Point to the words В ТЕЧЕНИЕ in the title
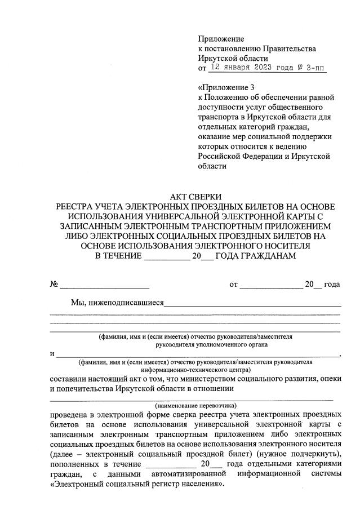click(117, 256)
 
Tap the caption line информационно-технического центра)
click(194, 371)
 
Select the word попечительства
click(82, 389)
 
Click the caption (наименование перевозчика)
click(195, 405)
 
